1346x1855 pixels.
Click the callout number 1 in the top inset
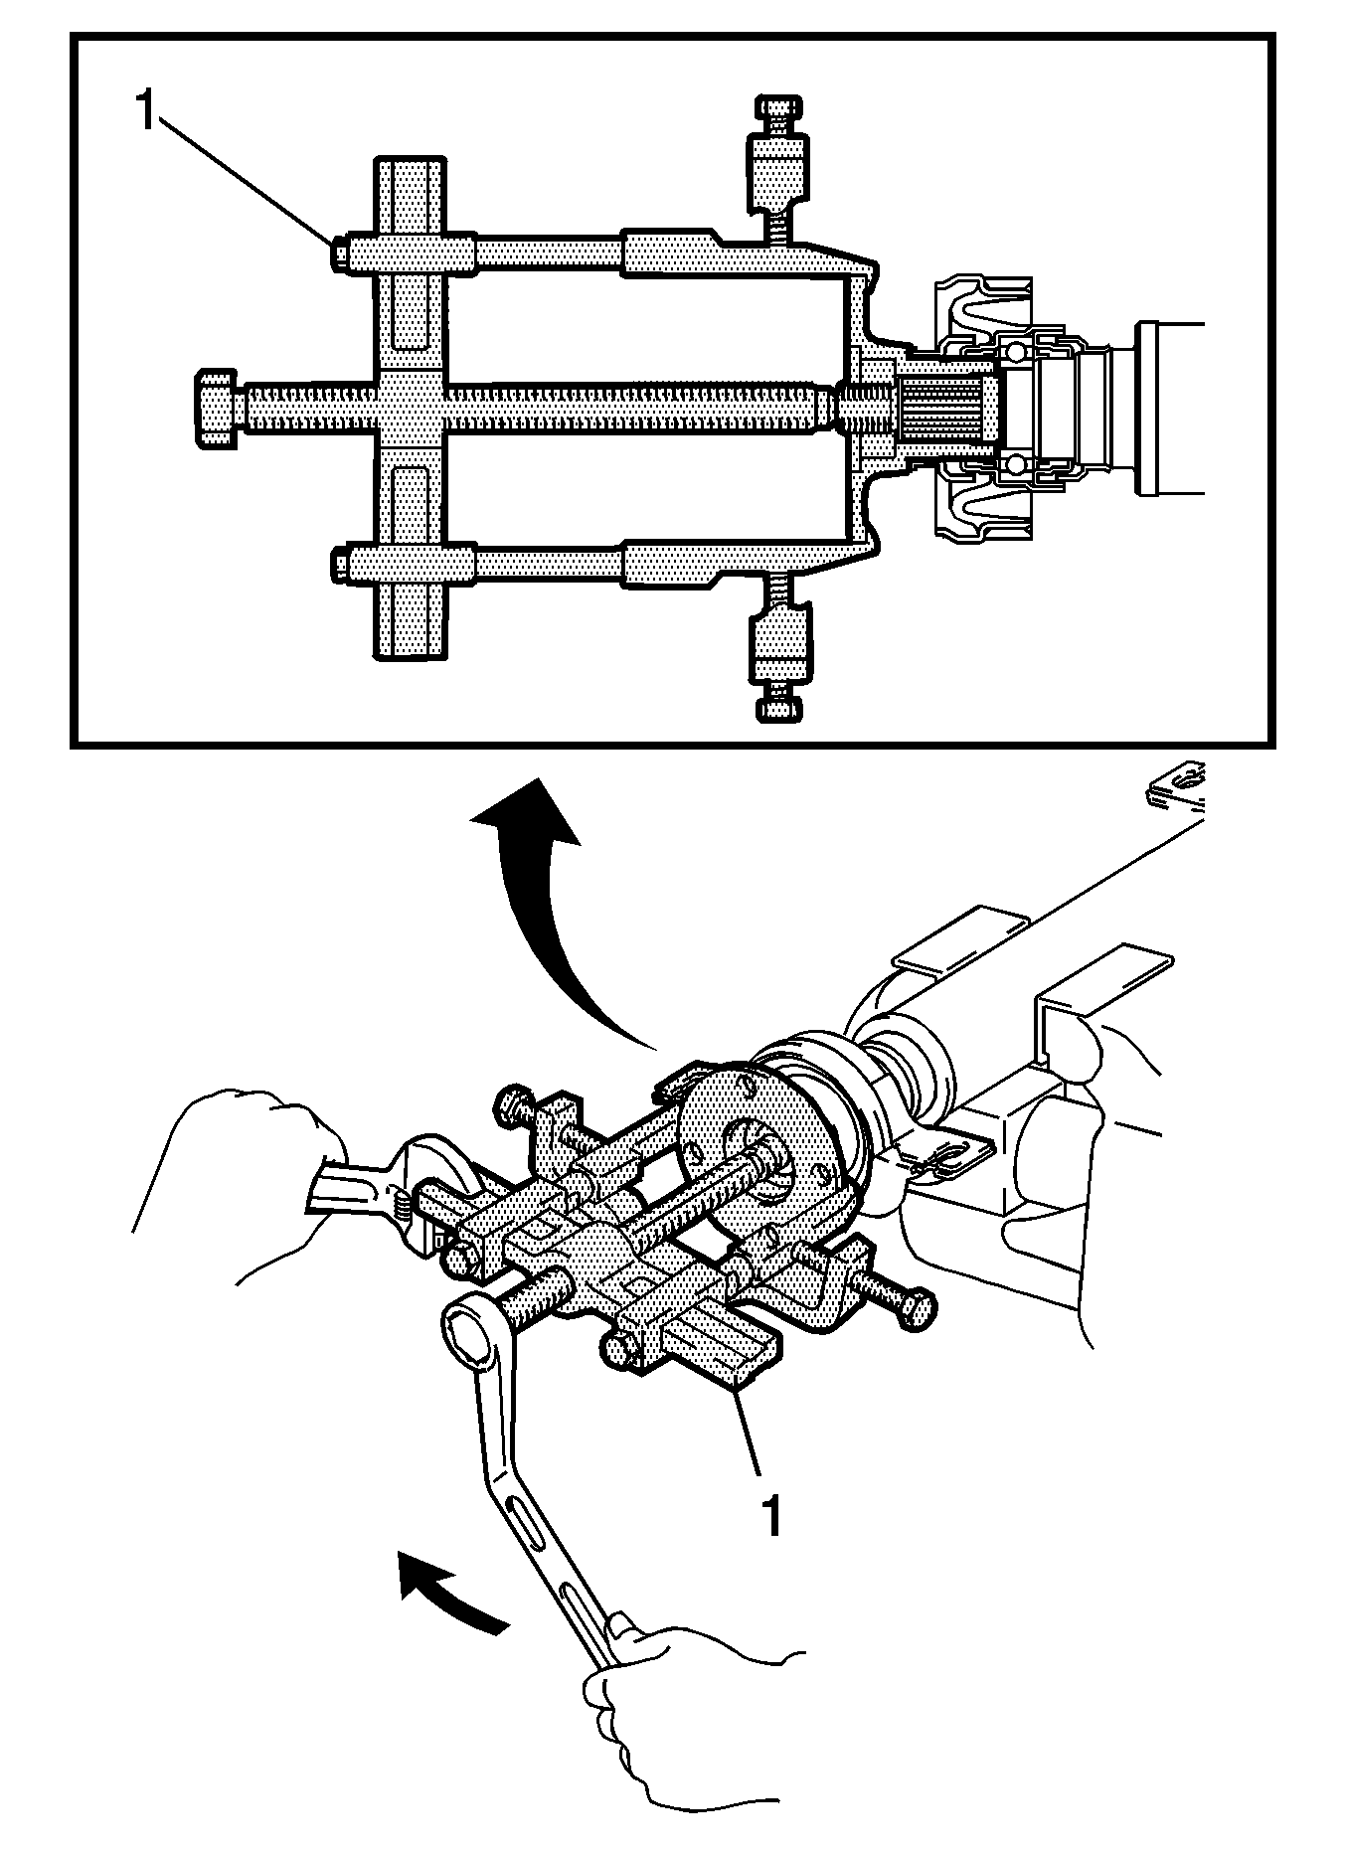146,111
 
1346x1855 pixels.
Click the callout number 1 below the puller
771,1514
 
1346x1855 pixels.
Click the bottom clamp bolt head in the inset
777,708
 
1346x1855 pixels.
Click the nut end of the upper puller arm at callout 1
339,254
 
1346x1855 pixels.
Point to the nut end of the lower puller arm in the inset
339,564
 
